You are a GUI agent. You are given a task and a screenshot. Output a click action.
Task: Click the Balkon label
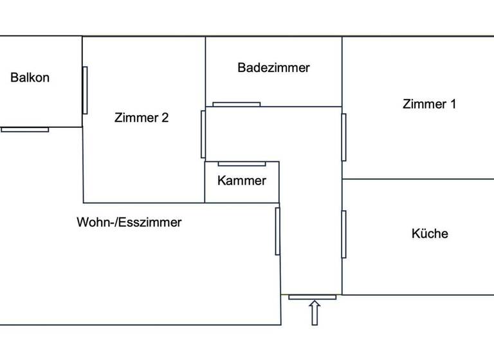click(30, 78)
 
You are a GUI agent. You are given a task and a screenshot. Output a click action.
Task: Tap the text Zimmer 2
click(142, 118)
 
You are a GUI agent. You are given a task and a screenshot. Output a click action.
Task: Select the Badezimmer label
click(273, 67)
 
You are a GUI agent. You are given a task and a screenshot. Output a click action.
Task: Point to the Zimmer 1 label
click(429, 104)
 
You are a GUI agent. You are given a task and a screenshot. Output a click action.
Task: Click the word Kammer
click(241, 181)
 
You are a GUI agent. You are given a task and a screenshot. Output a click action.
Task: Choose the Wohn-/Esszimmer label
click(129, 222)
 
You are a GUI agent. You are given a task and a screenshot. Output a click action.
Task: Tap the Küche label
click(430, 233)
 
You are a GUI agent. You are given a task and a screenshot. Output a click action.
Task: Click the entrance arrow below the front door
click(315, 312)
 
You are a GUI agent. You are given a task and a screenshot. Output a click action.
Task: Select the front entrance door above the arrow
click(312, 297)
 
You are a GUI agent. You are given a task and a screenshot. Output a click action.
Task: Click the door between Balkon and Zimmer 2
click(85, 90)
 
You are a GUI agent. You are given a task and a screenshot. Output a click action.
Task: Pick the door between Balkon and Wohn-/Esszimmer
click(24, 129)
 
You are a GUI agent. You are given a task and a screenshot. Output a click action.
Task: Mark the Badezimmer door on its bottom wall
click(236, 104)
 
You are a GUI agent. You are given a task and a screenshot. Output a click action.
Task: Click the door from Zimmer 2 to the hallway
click(203, 134)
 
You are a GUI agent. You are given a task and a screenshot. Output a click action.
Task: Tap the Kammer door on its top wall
click(241, 164)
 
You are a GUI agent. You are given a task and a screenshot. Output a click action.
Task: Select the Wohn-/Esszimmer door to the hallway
click(278, 230)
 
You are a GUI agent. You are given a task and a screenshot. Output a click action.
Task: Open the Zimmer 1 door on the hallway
click(343, 137)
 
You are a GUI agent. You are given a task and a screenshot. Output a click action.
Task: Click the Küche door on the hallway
click(343, 234)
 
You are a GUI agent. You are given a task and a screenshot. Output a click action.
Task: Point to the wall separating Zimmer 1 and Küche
click(418, 179)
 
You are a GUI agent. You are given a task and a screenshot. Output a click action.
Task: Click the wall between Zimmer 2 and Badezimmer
click(205, 71)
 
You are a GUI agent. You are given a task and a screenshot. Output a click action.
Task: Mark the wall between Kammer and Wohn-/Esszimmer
click(241, 203)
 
